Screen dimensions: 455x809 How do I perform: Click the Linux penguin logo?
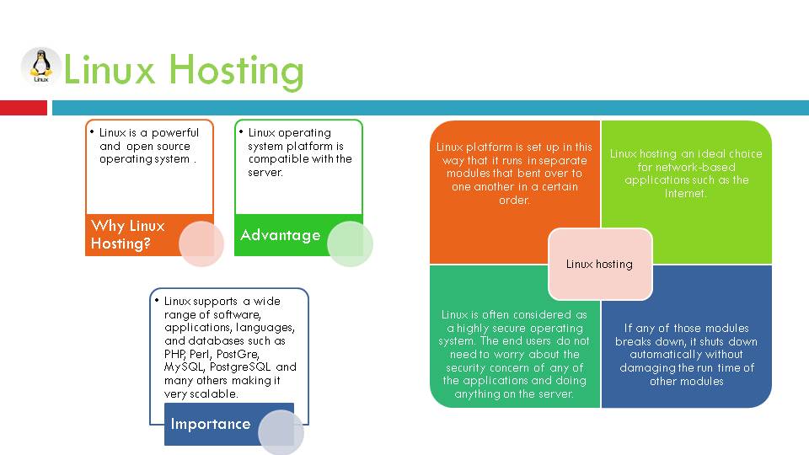click(40, 67)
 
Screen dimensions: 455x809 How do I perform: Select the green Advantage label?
click(281, 235)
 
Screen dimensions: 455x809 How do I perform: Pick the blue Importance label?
click(211, 424)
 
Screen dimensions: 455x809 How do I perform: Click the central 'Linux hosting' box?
click(599, 264)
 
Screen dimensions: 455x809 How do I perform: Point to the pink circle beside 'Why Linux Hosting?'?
click(201, 244)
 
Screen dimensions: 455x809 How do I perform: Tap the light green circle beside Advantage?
click(350, 244)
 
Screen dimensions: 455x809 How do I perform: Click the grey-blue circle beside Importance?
click(281, 432)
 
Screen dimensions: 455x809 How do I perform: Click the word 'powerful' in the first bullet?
click(175, 132)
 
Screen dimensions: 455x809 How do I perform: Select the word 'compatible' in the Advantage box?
click(277, 158)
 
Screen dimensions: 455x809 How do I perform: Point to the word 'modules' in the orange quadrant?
click(474, 174)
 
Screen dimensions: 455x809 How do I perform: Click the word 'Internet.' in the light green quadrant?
click(686, 193)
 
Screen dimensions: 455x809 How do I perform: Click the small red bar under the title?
click(24, 108)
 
